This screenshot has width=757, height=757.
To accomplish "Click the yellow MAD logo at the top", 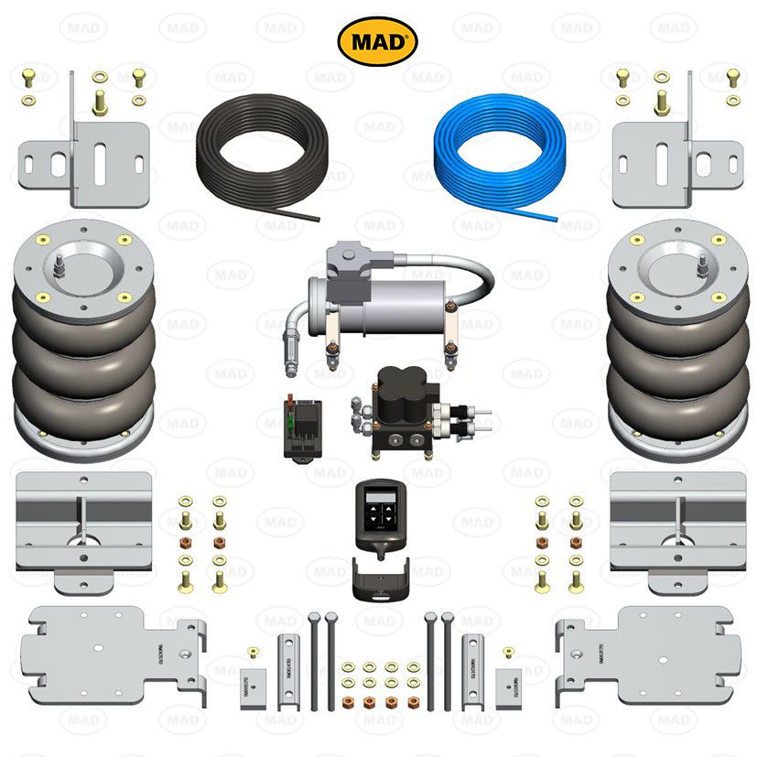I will [x=378, y=40].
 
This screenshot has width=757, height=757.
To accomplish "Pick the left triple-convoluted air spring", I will [x=84, y=339].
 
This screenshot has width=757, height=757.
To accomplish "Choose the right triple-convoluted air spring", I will [x=677, y=339].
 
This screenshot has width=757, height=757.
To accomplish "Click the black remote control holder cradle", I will [x=377, y=578].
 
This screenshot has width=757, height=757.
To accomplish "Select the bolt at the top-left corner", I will [x=27, y=76].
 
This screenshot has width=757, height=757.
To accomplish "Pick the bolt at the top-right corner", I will [x=733, y=76].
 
